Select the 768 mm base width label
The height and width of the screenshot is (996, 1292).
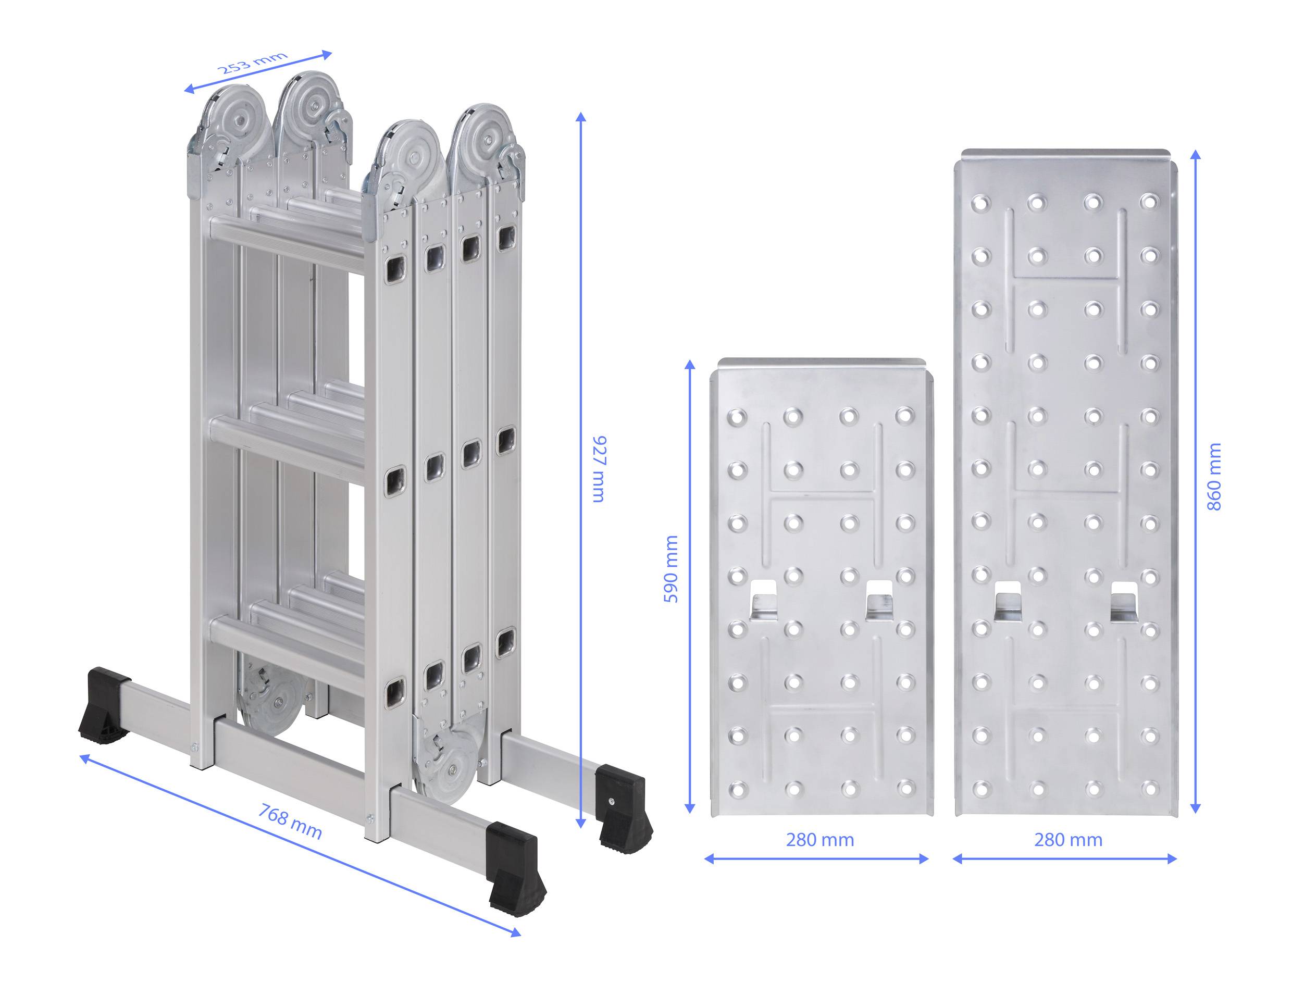[x=290, y=823]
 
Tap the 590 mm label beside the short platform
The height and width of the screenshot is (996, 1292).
[x=671, y=569]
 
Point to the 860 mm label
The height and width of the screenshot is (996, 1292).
[x=1213, y=477]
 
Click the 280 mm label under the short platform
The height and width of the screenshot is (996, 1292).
[x=820, y=840]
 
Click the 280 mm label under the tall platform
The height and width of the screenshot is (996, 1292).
[x=1068, y=840]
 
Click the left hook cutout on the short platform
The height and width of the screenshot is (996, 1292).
[x=763, y=600]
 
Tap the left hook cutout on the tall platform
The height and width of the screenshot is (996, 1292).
[x=1008, y=601]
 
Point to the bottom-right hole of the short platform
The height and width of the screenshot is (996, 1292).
[x=905, y=788]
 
